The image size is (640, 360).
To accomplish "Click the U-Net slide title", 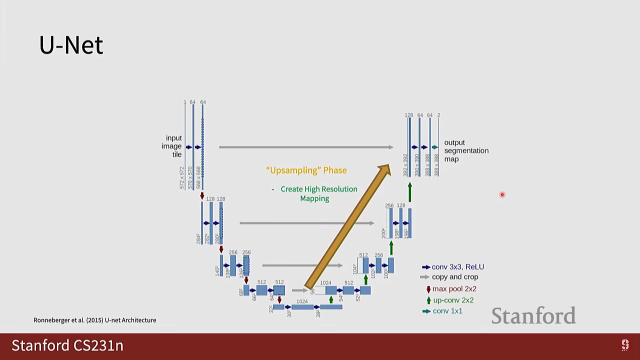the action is [x=71, y=45].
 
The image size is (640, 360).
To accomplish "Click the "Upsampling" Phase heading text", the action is [x=306, y=170].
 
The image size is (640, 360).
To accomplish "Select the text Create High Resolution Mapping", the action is [x=318, y=194].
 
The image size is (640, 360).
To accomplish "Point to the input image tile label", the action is [x=172, y=146].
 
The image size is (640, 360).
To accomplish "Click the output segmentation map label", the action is [x=466, y=151].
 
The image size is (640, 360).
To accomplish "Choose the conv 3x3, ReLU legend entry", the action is [x=454, y=267].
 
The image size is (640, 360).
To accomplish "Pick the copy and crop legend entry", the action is [x=450, y=277].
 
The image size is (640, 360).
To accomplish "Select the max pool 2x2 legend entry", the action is [x=452, y=289].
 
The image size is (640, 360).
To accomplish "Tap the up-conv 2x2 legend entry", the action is [x=451, y=300].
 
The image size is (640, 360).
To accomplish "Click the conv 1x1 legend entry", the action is [x=443, y=311].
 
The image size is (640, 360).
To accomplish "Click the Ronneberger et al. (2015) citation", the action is [x=95, y=320].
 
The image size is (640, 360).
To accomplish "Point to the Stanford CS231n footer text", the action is [x=67, y=345].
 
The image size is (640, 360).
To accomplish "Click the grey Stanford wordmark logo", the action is [x=533, y=316].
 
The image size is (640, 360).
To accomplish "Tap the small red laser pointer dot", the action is [x=502, y=195].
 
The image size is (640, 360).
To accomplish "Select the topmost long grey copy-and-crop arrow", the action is [x=306, y=147].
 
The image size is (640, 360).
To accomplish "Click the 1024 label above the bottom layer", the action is [x=302, y=301].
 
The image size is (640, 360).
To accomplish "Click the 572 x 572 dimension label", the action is [x=182, y=178].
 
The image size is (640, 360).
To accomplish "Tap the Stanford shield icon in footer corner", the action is [x=625, y=345].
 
